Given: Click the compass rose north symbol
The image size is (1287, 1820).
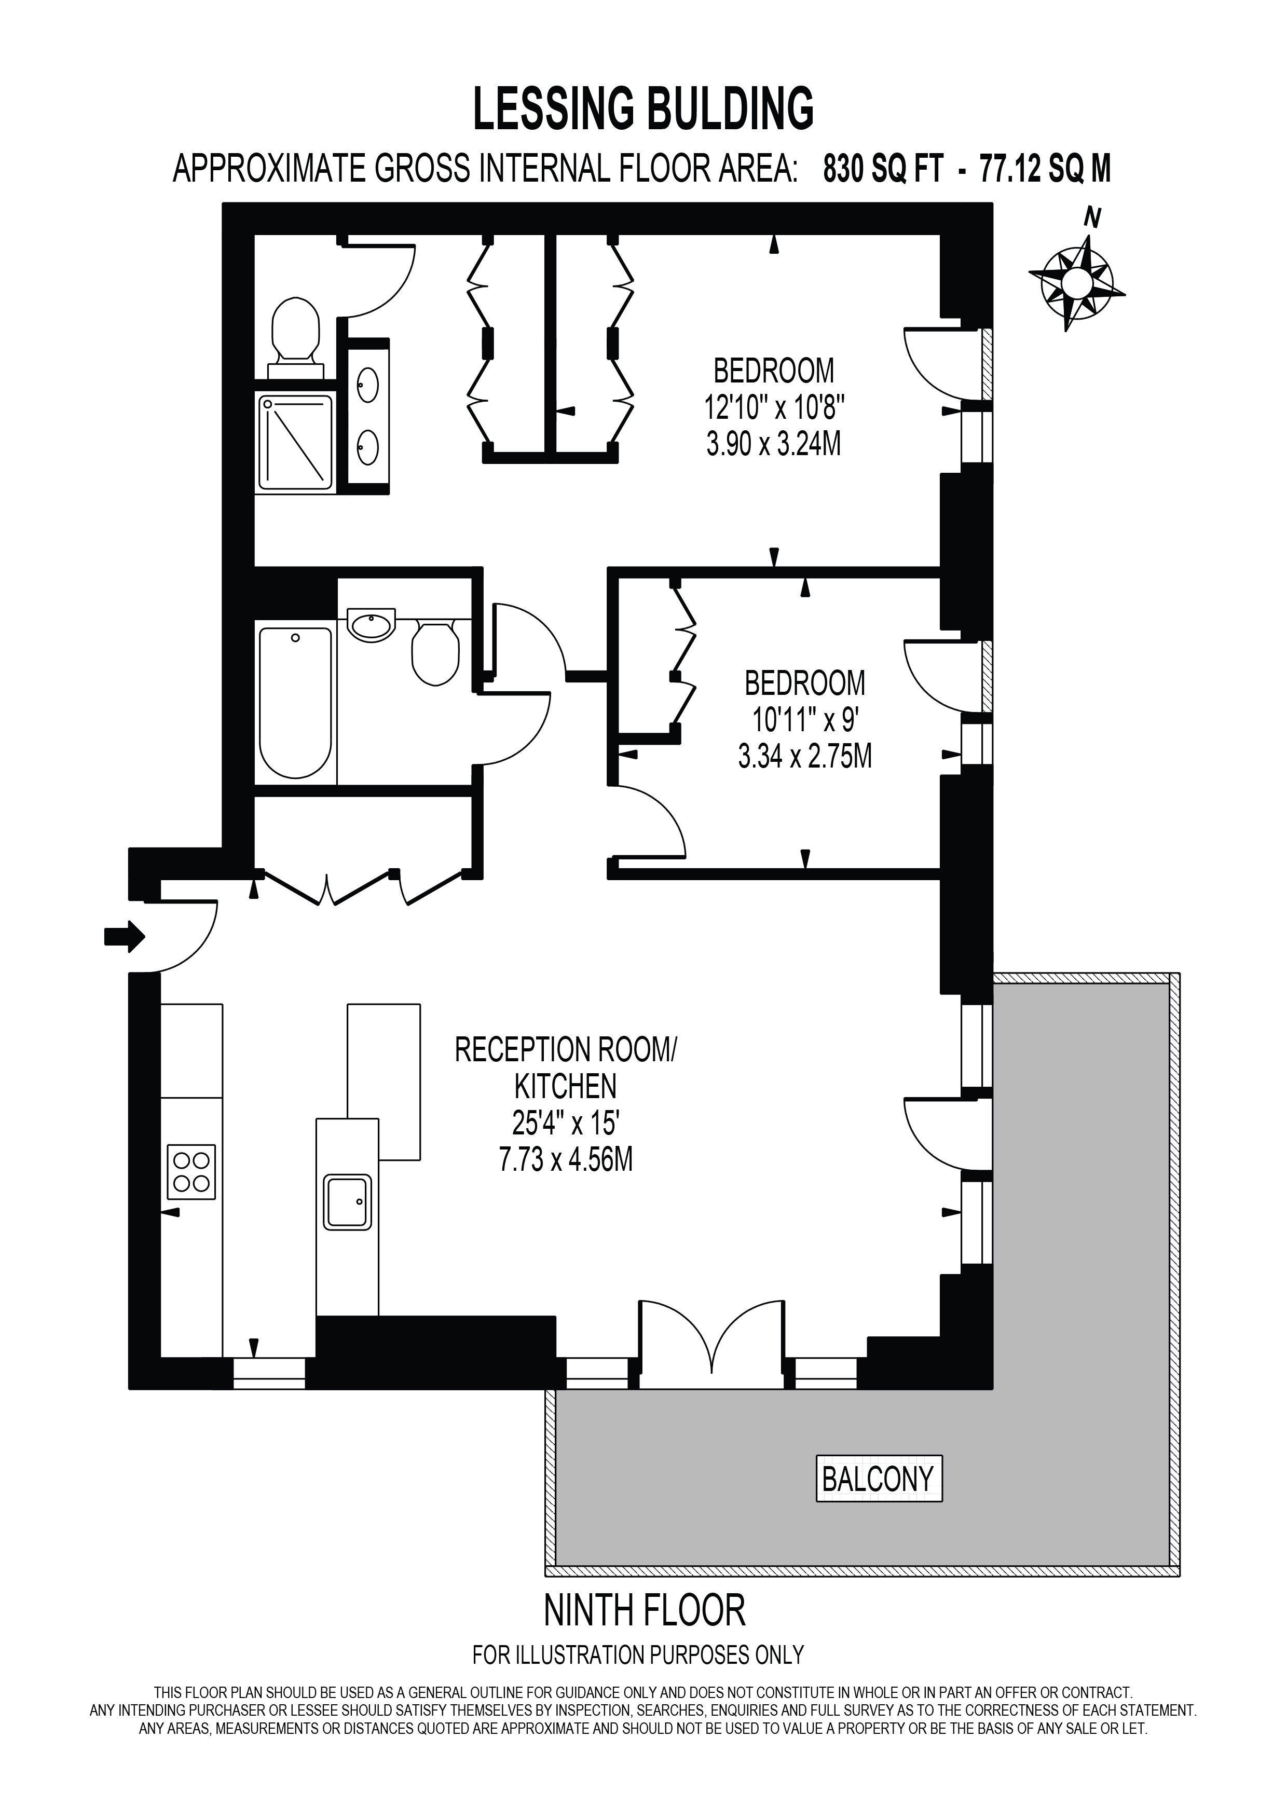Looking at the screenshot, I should point(1076,279).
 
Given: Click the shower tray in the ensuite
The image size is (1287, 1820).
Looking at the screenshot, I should point(296,442).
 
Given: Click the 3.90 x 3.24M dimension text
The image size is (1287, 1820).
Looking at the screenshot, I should point(773,445).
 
